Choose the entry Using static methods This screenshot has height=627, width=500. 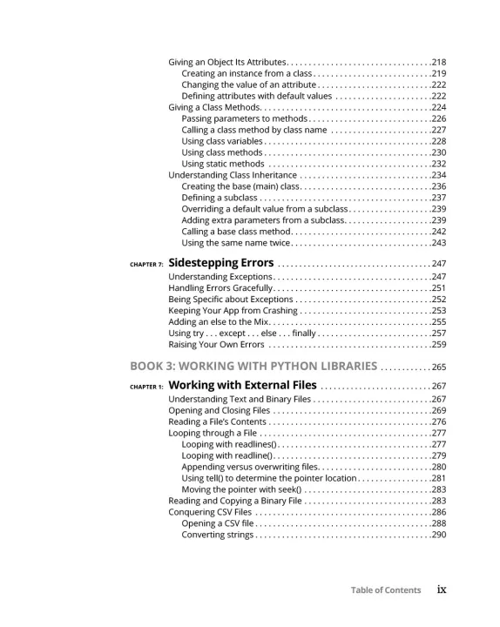[x=222, y=164]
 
